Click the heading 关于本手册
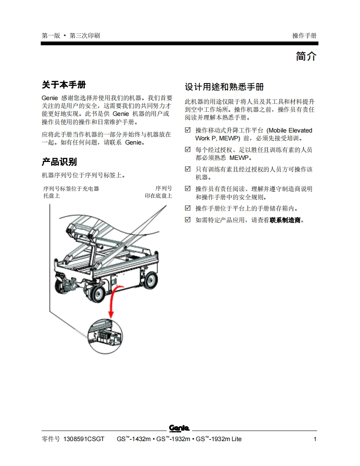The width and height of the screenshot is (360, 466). tap(64, 85)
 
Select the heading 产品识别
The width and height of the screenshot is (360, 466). tap(59, 162)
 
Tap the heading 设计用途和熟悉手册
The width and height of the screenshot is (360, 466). tap(224, 87)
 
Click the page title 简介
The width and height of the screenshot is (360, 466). tap(306, 56)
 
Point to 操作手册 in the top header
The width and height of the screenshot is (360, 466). tap(304, 36)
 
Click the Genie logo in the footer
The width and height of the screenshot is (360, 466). tap(179, 428)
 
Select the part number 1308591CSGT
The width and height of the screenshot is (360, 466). tap(84, 439)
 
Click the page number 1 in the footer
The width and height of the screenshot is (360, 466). tap(315, 439)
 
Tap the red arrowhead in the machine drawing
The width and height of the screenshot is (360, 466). tap(111, 314)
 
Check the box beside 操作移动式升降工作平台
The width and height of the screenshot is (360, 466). tap(188, 130)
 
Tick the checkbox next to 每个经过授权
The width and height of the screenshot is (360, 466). tap(188, 149)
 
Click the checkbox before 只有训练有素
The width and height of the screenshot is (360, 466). tap(188, 169)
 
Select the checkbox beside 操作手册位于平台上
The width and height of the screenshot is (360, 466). tap(188, 208)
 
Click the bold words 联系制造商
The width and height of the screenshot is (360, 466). tap(285, 220)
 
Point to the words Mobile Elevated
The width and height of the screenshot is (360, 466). tap(291, 130)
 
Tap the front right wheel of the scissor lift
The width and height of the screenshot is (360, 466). tap(150, 280)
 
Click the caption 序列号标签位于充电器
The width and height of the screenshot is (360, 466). tap(71, 189)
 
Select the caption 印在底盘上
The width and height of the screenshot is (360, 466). tap(158, 196)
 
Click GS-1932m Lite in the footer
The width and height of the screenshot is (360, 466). tap(219, 439)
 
